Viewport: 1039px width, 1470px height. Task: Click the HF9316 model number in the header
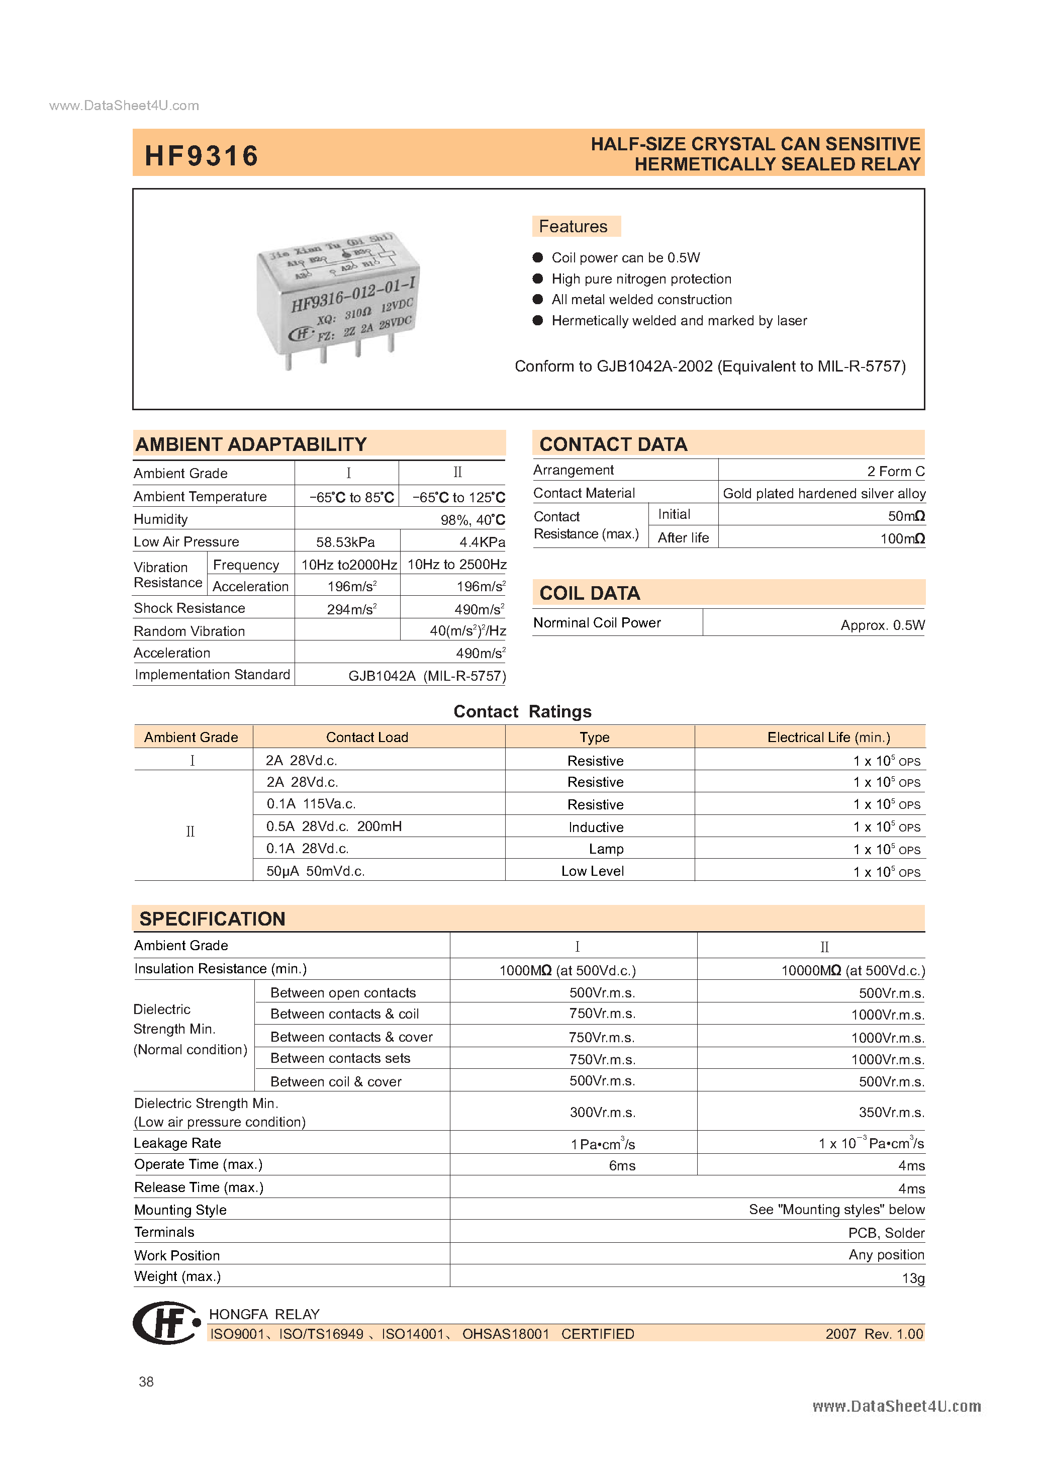(201, 155)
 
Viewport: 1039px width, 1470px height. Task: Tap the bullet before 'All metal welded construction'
(538, 300)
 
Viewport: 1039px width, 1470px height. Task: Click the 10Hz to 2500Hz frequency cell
(456, 564)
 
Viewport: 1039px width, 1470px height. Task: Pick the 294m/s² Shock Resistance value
(351, 609)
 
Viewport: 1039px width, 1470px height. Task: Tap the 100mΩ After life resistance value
(902, 538)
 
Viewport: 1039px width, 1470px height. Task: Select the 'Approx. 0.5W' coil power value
(882, 625)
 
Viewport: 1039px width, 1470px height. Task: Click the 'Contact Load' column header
(367, 737)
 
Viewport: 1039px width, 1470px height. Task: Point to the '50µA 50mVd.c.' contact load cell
(316, 871)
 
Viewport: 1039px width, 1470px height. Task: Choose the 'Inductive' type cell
(595, 827)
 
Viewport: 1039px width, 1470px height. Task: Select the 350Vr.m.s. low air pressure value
(891, 1112)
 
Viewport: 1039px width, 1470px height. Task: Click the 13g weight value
(913, 1278)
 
